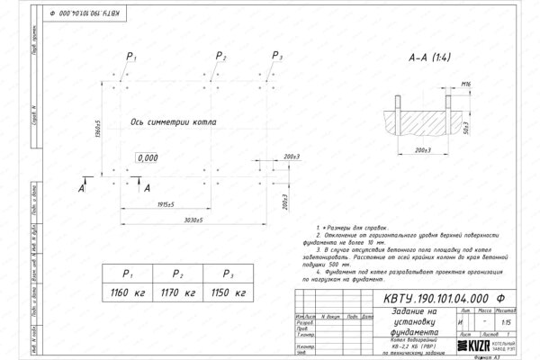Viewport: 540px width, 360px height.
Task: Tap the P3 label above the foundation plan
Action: (x=275, y=57)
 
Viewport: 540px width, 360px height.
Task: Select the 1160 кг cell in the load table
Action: (x=127, y=293)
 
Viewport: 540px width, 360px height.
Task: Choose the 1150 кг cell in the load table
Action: (x=228, y=293)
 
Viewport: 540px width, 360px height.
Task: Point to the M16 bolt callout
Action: (x=465, y=84)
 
